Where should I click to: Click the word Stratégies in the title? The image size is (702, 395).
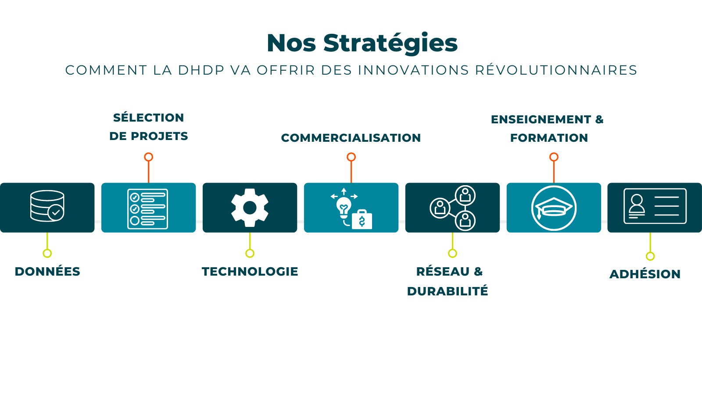click(390, 43)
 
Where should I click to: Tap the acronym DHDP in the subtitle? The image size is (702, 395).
click(201, 70)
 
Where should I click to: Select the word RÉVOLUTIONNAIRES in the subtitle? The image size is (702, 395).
click(556, 70)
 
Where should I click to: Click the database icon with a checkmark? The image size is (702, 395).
click(47, 206)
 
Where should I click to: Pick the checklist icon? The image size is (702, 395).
click(147, 209)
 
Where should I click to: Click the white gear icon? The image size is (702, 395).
click(250, 208)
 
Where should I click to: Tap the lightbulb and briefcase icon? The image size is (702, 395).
click(351, 208)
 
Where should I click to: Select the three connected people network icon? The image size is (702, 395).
click(453, 208)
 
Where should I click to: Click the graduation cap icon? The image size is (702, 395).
click(554, 208)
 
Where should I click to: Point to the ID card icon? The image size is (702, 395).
click(655, 206)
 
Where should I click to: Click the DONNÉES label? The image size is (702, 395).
click(47, 272)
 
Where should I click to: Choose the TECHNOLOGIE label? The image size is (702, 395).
click(250, 272)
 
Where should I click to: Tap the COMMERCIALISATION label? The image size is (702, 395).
click(351, 138)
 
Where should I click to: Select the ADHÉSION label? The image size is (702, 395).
click(645, 274)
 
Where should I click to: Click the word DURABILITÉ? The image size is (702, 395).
click(448, 291)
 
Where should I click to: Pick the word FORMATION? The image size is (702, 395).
click(549, 138)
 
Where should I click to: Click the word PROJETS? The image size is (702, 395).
click(159, 136)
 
